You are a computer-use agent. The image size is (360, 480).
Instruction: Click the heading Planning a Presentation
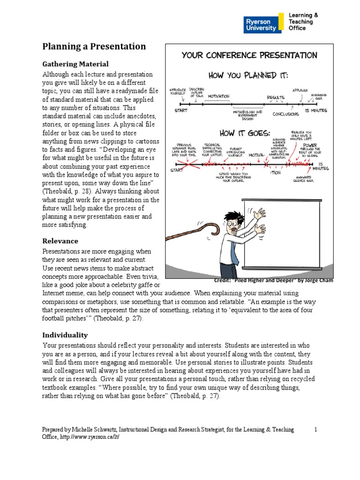click(x=94, y=46)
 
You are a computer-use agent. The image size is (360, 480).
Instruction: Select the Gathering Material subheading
click(x=75, y=64)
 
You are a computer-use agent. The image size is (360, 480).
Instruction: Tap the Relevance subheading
click(x=60, y=241)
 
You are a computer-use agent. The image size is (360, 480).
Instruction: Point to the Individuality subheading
click(x=65, y=335)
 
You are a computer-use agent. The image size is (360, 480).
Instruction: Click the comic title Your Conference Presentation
click(x=249, y=55)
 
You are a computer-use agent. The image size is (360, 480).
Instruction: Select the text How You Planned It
click(x=248, y=75)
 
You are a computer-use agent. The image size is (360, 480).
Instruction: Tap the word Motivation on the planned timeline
click(x=218, y=97)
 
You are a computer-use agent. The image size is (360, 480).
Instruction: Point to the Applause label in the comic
click(x=300, y=90)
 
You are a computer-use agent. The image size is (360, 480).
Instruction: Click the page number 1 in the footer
click(x=316, y=429)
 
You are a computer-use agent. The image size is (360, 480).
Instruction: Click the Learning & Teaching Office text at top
click(x=303, y=22)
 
